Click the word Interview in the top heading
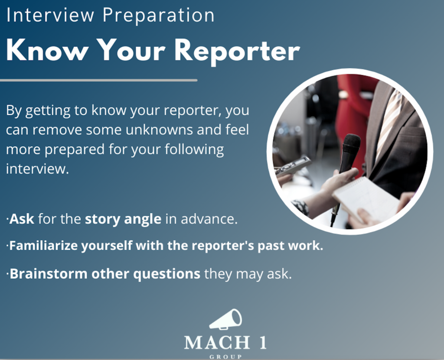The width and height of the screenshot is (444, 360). [x=50, y=15]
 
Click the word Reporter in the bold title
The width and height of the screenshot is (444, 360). [x=237, y=52]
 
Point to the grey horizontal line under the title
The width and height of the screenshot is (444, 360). [x=98, y=81]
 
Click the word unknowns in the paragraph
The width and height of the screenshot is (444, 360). [x=159, y=130]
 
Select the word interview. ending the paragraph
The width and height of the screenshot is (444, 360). [x=37, y=169]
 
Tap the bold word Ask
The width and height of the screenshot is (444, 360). [x=22, y=219]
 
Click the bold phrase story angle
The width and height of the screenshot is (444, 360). [x=123, y=220]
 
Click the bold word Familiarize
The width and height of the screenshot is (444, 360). [x=43, y=245]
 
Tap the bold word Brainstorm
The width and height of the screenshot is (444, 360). [x=49, y=274]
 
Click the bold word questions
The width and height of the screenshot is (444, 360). [x=167, y=274]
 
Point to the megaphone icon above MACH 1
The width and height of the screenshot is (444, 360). [x=225, y=319]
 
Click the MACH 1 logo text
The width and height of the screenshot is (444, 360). [x=225, y=342]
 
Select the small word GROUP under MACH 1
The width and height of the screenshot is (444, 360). [x=225, y=357]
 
